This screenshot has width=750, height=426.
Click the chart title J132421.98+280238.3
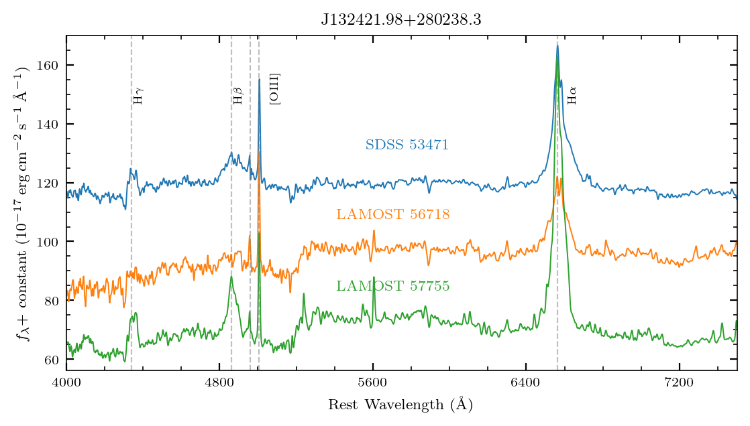tap(401, 19)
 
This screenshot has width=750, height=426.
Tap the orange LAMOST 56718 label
tap(392, 214)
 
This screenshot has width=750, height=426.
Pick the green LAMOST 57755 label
tap(392, 287)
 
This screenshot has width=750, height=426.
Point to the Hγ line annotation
tap(138, 96)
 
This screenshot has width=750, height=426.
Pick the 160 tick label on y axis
tap(51, 65)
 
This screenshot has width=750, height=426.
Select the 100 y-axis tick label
tap(51, 241)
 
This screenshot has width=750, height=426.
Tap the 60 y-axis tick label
tap(54, 359)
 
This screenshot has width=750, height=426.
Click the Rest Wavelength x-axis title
tap(400, 405)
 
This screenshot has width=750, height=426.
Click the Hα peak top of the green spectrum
tap(557, 57)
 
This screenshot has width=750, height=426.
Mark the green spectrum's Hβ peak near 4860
tap(231, 276)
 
